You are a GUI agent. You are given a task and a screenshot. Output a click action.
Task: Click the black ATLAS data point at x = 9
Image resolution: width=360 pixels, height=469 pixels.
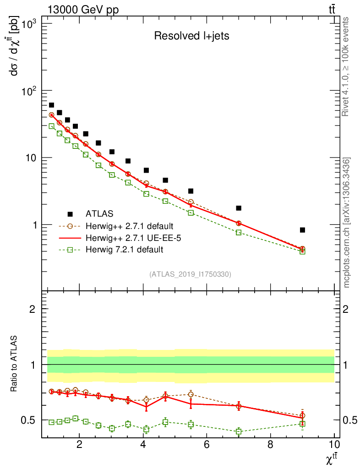tap(302, 230)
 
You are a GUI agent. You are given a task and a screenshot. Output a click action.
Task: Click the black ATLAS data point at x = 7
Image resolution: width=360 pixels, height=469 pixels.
tap(239, 208)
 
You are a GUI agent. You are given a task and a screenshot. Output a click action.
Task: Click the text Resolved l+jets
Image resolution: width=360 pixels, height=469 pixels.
tap(191, 36)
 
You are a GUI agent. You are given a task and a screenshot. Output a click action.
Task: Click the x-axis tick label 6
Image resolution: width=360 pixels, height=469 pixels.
tap(207, 445)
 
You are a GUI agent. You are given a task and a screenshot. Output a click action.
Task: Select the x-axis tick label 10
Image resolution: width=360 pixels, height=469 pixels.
tap(334, 445)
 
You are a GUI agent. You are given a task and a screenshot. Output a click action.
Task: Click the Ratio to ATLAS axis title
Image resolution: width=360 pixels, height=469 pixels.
tap(15, 364)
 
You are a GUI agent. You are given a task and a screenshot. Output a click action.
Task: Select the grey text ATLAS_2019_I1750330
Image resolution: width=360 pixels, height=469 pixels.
tap(190, 274)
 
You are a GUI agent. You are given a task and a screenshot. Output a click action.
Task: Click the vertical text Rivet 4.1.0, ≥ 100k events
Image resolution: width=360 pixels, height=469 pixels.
tap(346, 66)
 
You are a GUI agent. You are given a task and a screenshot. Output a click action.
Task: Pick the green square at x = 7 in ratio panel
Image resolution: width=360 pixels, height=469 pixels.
tap(239, 431)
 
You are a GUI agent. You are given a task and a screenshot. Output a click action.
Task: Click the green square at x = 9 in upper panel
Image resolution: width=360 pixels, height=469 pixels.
tap(302, 251)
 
